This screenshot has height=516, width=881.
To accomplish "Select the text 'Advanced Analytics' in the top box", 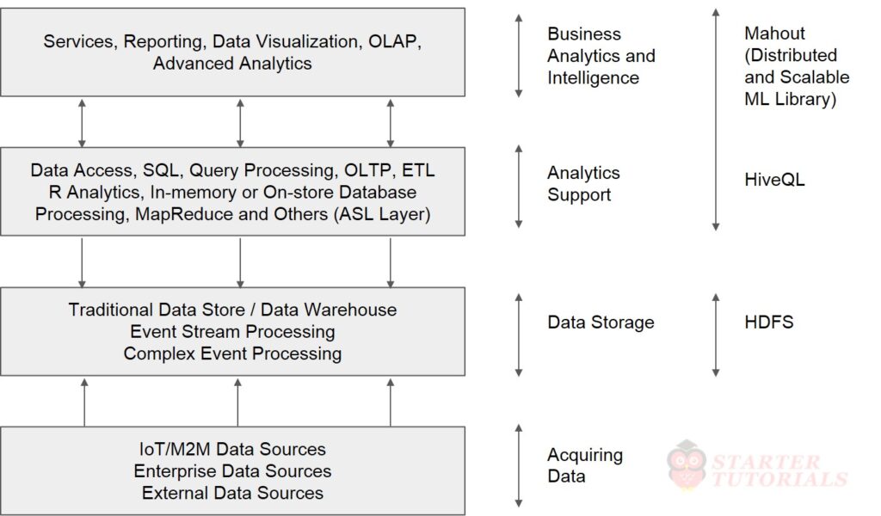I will (x=232, y=63).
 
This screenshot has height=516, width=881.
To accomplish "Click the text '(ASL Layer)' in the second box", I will (x=381, y=214).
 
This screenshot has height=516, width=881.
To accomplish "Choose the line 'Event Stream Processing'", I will (x=232, y=331).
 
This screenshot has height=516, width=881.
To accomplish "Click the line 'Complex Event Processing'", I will (x=232, y=353).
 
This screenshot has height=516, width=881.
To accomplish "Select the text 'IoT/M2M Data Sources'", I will (x=232, y=449).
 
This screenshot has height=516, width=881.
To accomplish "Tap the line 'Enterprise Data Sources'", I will (x=232, y=471).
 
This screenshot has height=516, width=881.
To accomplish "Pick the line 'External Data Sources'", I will (x=232, y=493).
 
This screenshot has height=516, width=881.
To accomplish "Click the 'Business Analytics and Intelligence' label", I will (x=601, y=56).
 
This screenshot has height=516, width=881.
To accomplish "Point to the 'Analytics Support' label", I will (x=583, y=184).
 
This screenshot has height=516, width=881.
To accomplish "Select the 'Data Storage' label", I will (x=601, y=322).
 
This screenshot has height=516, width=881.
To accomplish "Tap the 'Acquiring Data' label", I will (x=585, y=465).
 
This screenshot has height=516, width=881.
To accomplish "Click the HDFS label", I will (x=768, y=322).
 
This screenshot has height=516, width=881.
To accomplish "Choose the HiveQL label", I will (x=774, y=181).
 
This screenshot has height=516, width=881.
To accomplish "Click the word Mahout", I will (x=774, y=34).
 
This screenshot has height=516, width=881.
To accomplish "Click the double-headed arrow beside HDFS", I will (x=715, y=335).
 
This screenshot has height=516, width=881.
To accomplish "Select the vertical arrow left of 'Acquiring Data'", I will (x=518, y=465).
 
